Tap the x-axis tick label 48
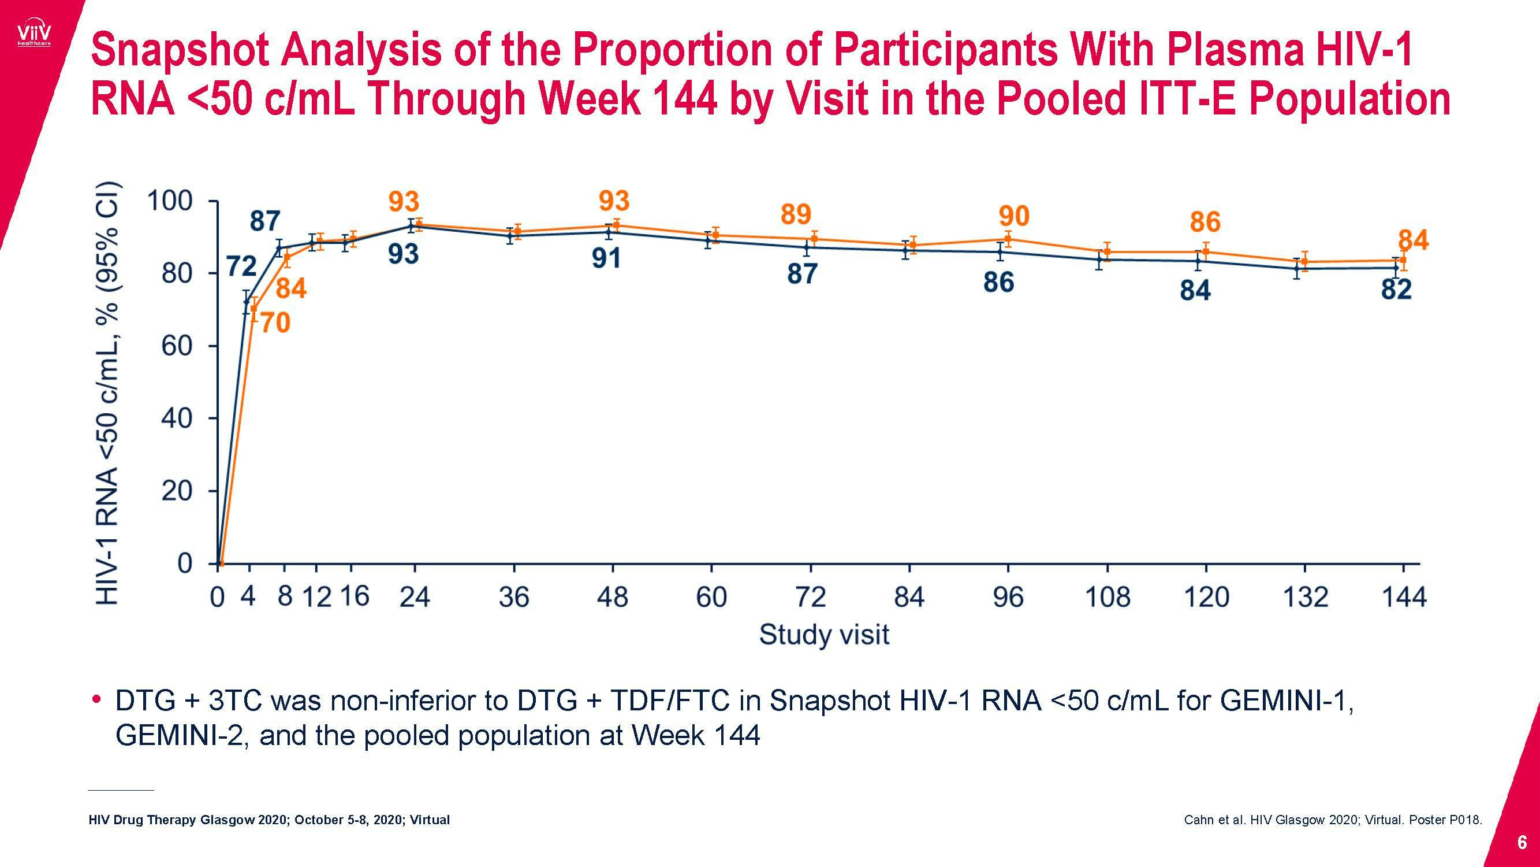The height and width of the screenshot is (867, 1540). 612,597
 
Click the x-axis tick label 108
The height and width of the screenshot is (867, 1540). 1107,597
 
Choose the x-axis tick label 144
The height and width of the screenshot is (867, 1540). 1404,597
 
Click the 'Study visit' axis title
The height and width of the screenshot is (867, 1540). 824,635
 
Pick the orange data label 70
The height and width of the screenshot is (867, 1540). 275,324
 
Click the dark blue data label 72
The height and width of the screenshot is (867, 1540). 241,267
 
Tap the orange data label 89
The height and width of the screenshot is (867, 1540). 796,215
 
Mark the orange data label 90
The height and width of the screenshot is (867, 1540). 1014,217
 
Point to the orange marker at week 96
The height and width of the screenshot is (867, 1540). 1008,239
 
